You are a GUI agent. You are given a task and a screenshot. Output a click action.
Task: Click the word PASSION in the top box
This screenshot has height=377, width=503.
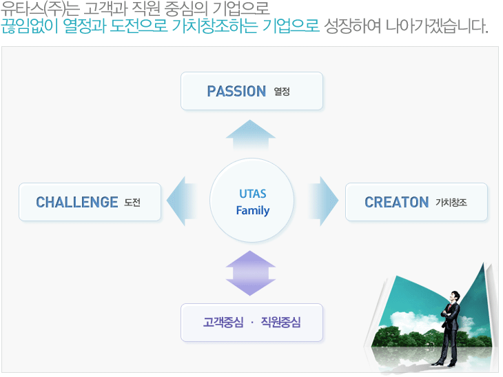tap(236, 92)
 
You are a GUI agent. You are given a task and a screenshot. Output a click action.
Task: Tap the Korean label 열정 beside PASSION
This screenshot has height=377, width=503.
tap(282, 92)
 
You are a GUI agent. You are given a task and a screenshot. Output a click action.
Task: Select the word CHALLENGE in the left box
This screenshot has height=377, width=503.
tap(77, 203)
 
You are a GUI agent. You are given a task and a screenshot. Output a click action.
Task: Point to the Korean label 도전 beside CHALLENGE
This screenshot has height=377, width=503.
tap(132, 203)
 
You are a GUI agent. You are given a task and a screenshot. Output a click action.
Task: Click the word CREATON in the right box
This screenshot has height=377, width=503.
tap(397, 203)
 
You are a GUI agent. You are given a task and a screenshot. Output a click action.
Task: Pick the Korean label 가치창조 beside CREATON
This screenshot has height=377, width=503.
tap(451, 203)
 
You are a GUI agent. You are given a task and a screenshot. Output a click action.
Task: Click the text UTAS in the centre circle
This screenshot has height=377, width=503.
tap(253, 194)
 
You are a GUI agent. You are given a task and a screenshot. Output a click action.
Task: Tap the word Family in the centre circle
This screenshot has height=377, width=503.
tap(253, 210)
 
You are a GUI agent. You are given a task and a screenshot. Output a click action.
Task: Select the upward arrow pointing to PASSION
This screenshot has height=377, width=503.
tap(251, 135)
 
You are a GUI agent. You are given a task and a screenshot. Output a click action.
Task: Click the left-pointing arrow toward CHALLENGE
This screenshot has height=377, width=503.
tap(182, 201)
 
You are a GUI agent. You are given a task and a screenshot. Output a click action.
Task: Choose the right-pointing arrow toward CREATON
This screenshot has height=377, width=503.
tap(323, 201)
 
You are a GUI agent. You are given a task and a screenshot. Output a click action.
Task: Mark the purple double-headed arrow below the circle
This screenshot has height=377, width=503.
tap(251, 273)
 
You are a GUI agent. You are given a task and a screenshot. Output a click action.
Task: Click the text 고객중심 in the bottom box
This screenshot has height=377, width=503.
tap(223, 322)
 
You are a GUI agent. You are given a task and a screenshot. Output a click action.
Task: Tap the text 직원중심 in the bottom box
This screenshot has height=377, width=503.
tap(280, 322)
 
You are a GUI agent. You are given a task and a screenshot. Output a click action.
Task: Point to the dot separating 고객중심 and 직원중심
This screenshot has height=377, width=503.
tap(252, 323)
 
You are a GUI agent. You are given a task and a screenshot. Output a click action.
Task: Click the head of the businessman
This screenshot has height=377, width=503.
tap(455, 296)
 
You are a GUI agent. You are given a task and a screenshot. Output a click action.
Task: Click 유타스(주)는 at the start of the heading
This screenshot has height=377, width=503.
tap(40, 8)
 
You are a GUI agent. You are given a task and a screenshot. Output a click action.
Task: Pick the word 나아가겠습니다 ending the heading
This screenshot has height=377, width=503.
tap(437, 26)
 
